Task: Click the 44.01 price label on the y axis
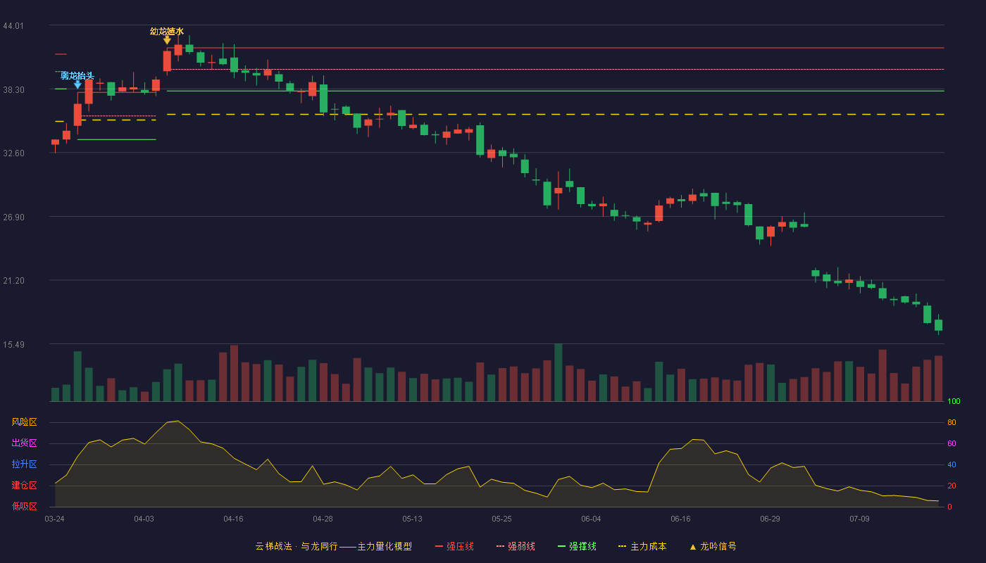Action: click(x=13, y=26)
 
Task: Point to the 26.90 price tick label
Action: click(x=13, y=217)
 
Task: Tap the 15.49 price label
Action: click(x=13, y=344)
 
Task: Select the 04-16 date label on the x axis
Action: click(x=233, y=519)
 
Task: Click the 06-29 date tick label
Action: click(x=770, y=519)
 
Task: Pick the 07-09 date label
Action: click(x=859, y=519)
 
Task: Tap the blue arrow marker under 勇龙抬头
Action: click(x=77, y=85)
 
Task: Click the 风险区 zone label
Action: click(x=24, y=422)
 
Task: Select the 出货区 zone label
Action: click(x=24, y=443)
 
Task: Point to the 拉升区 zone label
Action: click(x=24, y=464)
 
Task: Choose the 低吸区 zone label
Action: click(x=24, y=506)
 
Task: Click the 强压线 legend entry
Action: click(x=454, y=546)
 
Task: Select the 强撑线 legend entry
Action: click(x=577, y=546)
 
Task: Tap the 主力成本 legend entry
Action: click(x=642, y=546)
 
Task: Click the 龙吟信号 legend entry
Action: click(x=713, y=546)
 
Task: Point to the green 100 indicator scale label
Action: click(x=954, y=401)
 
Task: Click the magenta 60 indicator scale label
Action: click(x=951, y=443)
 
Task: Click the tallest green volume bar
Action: click(x=558, y=372)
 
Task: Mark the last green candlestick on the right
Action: click(x=938, y=325)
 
